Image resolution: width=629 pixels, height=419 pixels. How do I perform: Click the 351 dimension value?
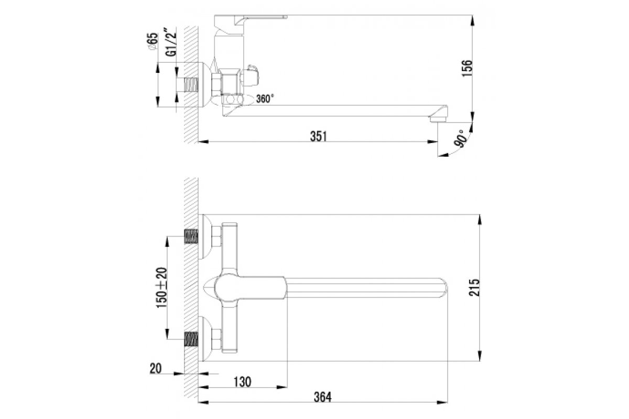pos(319,136)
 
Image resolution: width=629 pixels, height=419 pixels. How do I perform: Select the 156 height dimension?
pos(467,68)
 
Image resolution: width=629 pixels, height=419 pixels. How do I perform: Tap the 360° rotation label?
pos(265,99)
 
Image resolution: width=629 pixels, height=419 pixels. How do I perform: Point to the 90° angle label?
pos(461,139)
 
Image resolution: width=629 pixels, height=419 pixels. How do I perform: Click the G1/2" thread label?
pos(171,42)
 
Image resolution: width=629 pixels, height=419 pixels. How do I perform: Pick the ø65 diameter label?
pos(153,42)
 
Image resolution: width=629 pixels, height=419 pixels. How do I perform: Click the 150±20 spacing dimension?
pos(162,288)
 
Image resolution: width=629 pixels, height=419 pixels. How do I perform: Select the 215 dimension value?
pos(474,288)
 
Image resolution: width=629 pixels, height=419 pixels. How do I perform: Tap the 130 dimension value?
pos(242,382)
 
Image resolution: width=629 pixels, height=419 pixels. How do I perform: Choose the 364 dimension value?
pos(323,397)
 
